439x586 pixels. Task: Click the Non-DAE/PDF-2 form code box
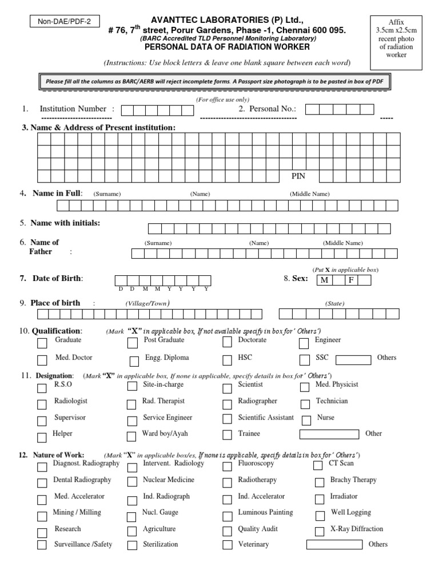coord(63,22)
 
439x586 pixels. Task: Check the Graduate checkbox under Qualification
coord(42,343)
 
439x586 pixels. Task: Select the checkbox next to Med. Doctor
coord(42,361)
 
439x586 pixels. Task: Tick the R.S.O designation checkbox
coord(42,388)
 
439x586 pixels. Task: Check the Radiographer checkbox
coord(228,405)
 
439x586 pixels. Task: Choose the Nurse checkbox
coord(306,421)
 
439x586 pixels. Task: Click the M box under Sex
coord(324,280)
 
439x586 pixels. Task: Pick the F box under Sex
coord(352,280)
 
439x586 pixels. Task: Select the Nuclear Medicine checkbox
coord(132,482)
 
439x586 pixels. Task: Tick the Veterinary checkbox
coord(228,545)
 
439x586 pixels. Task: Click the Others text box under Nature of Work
coord(334,544)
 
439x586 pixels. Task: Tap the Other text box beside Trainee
coord(329,434)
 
